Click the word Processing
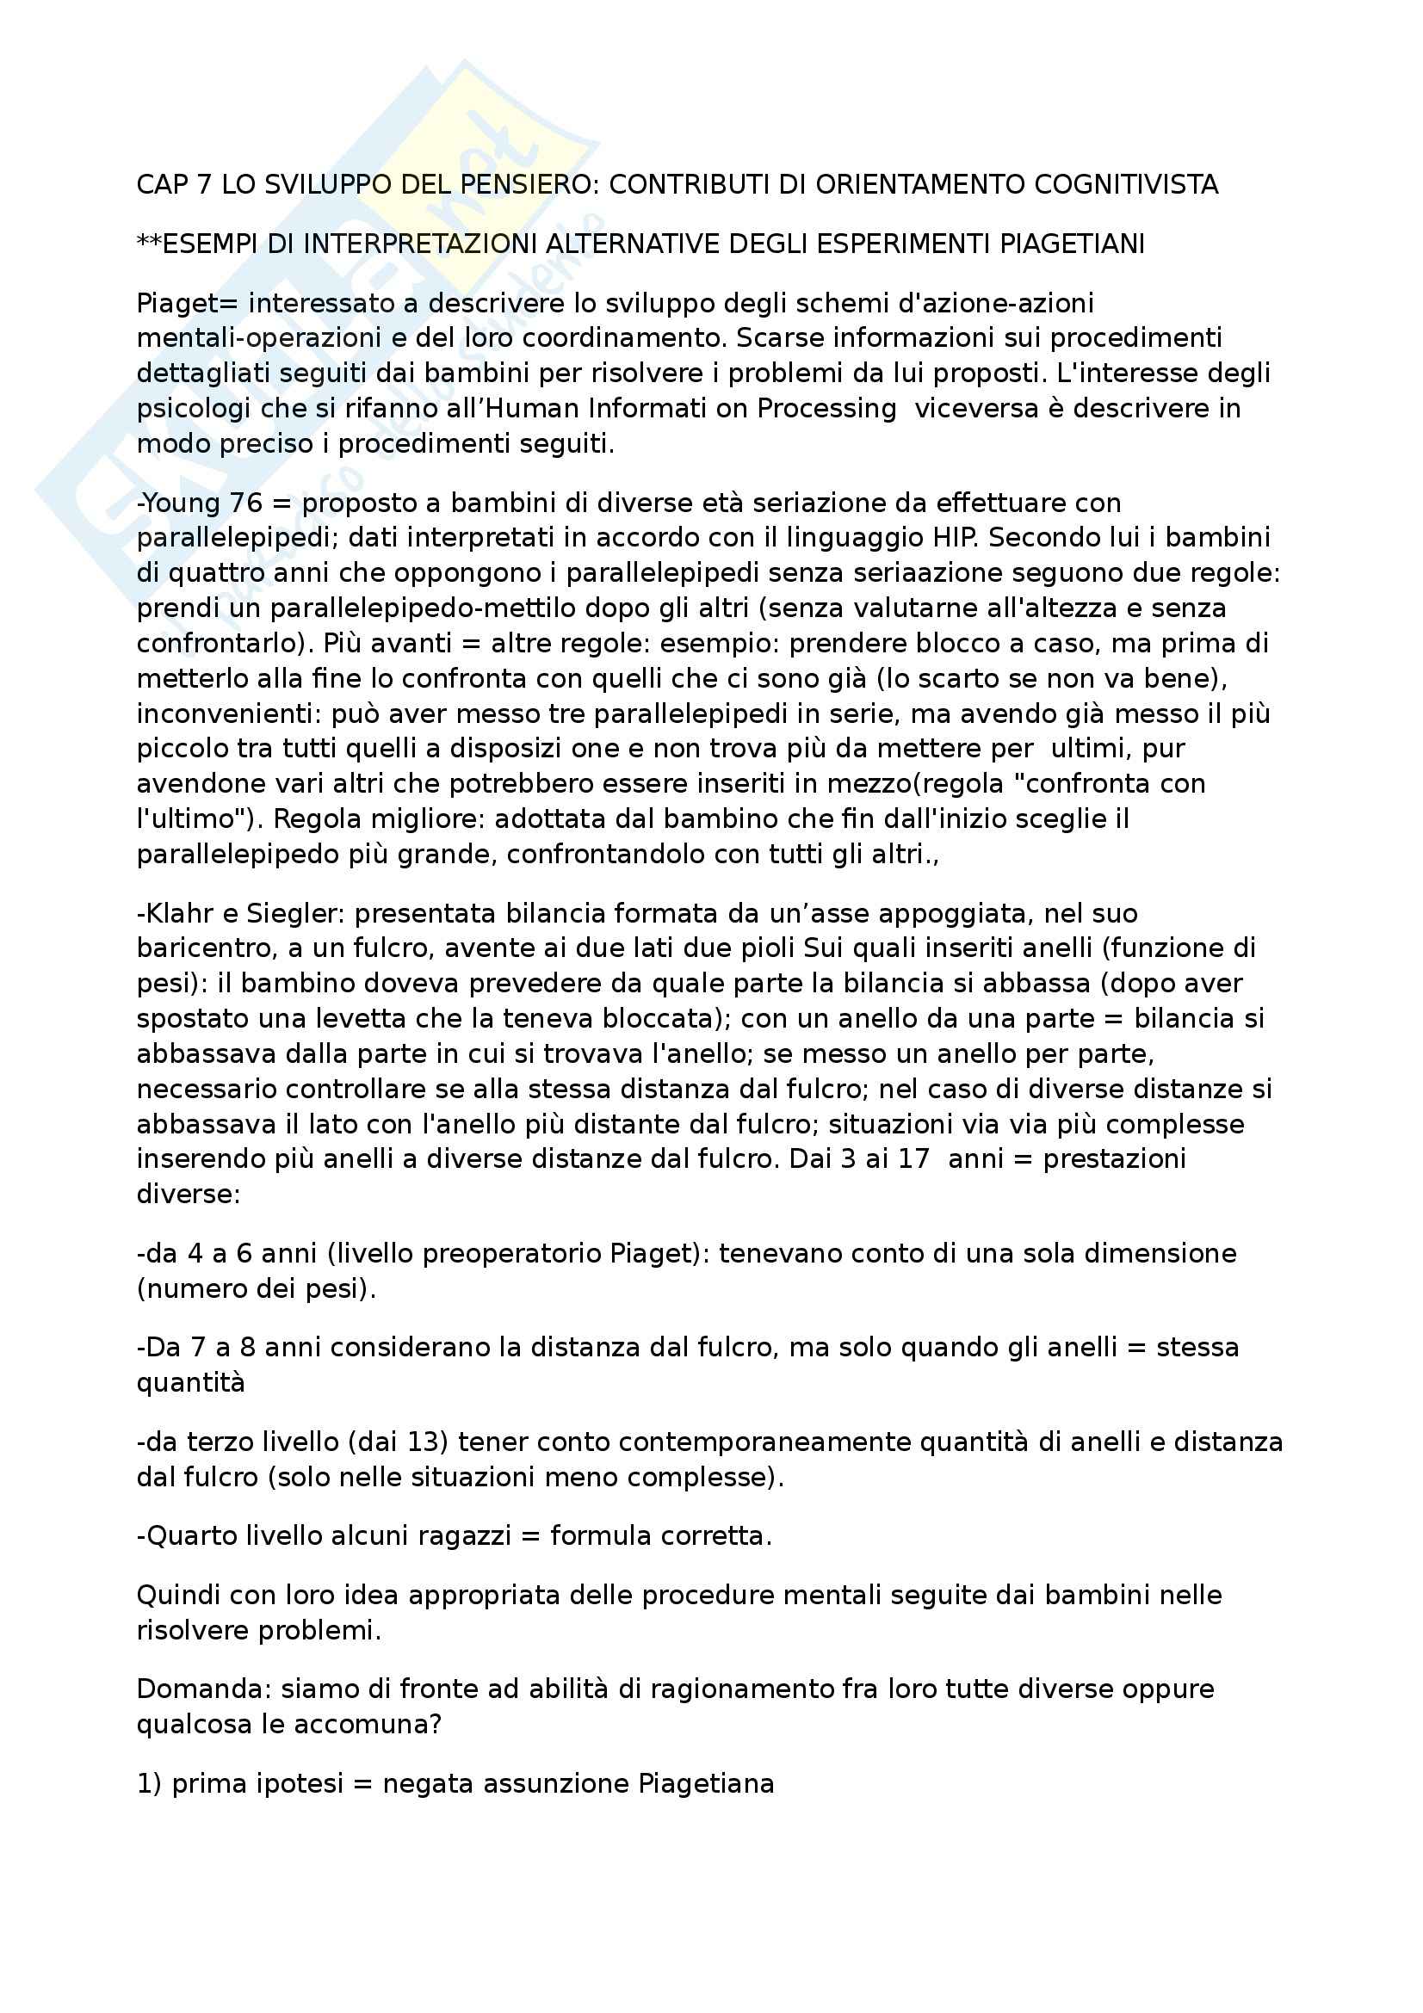tap(826, 409)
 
